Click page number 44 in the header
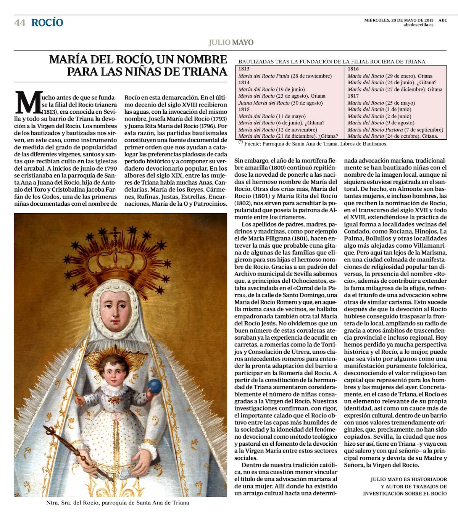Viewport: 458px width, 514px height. [20, 23]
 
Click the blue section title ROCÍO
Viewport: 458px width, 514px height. [47, 23]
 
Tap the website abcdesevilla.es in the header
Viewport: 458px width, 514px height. [418, 25]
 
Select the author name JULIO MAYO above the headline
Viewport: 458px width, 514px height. [231, 42]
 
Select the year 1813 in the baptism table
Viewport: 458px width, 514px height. [244, 69]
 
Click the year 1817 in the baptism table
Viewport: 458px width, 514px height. [353, 96]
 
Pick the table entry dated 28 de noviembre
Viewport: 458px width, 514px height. [285, 76]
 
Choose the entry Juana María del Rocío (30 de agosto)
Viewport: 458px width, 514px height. [281, 103]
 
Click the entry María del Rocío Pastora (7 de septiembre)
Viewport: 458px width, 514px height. [395, 129]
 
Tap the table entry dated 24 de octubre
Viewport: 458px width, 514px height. [393, 136]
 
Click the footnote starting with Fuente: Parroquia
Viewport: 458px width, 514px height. [313, 144]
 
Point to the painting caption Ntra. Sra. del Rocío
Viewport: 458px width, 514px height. [118, 503]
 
